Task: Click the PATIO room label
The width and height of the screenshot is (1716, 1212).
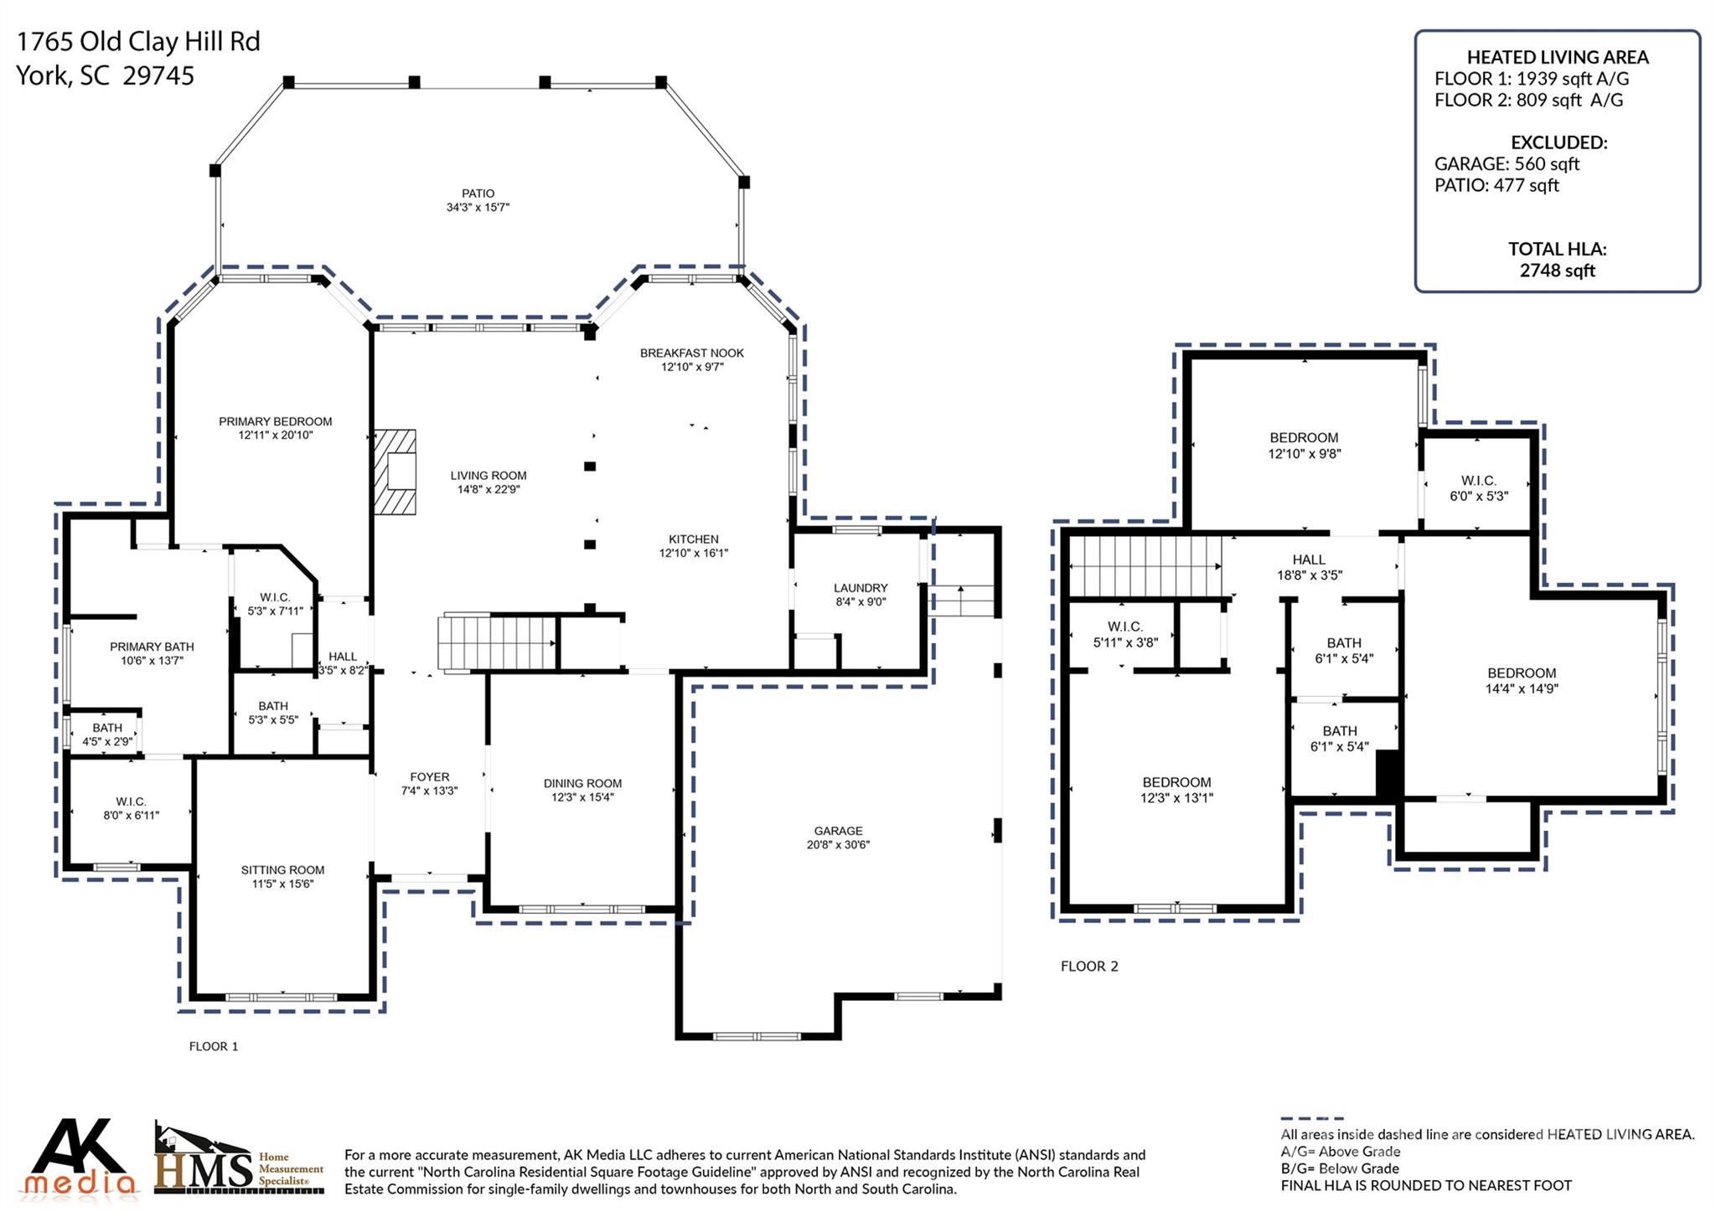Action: pos(478,193)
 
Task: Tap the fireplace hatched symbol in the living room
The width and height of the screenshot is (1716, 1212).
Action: pos(395,472)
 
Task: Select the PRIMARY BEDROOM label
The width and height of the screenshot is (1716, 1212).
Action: pos(276,421)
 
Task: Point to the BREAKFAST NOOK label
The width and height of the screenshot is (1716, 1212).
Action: pos(692,353)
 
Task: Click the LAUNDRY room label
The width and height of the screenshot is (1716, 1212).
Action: pos(861,588)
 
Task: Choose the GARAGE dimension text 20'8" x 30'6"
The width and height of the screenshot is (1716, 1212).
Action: pos(838,844)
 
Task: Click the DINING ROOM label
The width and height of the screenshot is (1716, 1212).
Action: pos(582,783)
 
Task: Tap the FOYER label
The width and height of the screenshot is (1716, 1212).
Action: pos(430,776)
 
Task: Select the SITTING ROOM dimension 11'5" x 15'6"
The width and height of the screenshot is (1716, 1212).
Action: pos(282,884)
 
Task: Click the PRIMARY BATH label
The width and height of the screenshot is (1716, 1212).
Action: pos(152,647)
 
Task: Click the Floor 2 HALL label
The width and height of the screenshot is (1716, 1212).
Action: pos(1309,560)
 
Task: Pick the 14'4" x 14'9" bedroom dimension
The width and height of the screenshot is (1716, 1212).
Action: pos(1522,689)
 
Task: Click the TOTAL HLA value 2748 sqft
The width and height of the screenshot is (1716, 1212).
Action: pos(1558,271)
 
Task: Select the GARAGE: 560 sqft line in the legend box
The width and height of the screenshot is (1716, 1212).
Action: pos(1507,163)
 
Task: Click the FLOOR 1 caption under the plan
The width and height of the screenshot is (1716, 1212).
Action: pos(214,1046)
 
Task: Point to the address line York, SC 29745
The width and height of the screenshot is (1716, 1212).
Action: pos(106,76)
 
